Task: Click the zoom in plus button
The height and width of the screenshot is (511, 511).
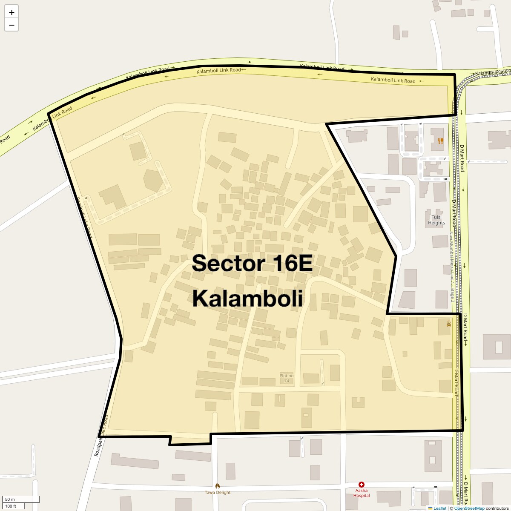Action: tap(11, 12)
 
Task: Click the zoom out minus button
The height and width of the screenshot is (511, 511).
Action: tap(11, 25)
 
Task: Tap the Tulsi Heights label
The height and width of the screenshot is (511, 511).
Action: tap(436, 220)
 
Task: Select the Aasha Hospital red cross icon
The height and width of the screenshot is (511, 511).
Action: tap(362, 485)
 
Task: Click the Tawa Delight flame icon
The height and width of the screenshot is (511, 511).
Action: tap(218, 486)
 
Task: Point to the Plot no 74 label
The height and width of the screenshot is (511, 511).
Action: tap(287, 378)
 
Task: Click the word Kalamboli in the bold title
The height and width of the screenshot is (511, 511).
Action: tap(247, 299)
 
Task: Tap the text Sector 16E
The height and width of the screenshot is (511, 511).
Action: tap(252, 263)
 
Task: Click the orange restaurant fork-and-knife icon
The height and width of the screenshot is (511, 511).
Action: tap(440, 141)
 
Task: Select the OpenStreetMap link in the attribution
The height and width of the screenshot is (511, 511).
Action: tap(469, 508)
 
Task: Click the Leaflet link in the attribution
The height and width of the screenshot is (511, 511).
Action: tap(440, 508)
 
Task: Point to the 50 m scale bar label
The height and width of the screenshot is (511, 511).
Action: tap(10, 499)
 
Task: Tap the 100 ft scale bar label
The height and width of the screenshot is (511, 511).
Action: tap(11, 506)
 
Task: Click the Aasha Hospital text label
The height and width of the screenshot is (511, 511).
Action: tap(362, 493)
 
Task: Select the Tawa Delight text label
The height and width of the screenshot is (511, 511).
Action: tap(218, 493)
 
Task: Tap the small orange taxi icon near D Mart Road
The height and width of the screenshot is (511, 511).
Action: tap(449, 324)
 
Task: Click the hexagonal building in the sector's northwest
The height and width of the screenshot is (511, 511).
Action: tap(153, 180)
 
